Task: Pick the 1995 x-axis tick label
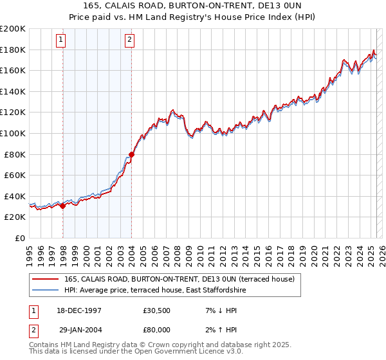[30, 251]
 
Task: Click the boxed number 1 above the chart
[61, 40]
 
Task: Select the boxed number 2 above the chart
[129, 40]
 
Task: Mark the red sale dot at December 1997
[63, 206]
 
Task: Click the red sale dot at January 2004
[131, 154]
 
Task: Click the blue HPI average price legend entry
[154, 291]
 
